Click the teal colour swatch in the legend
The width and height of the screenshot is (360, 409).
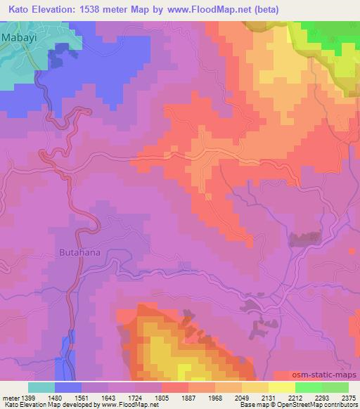point(41,387)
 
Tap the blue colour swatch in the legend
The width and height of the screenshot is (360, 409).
point(68,387)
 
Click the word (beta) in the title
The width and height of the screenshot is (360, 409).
point(265,9)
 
